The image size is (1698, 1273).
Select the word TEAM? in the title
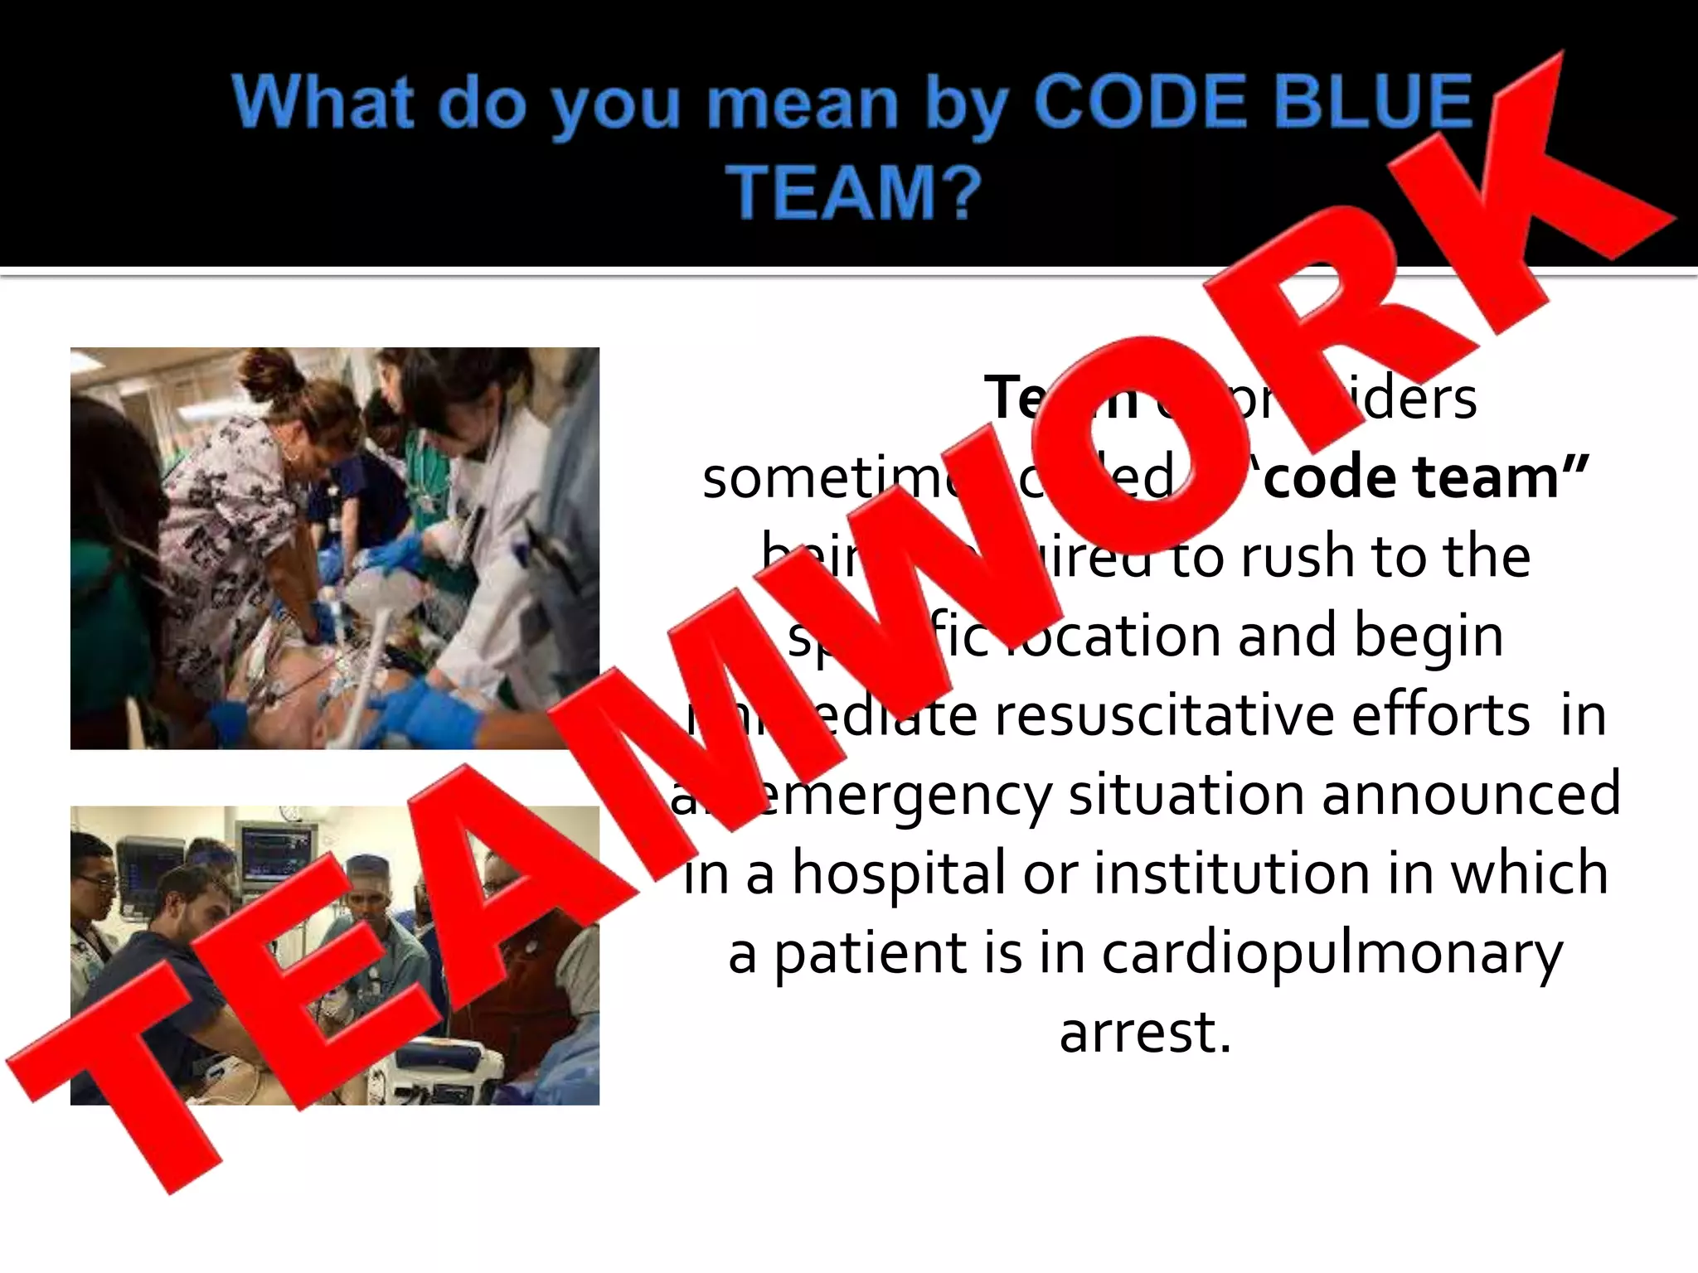point(854,192)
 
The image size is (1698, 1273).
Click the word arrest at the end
point(1144,1033)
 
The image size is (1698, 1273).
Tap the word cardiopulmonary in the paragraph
point(1332,953)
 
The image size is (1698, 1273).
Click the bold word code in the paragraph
point(1327,477)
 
